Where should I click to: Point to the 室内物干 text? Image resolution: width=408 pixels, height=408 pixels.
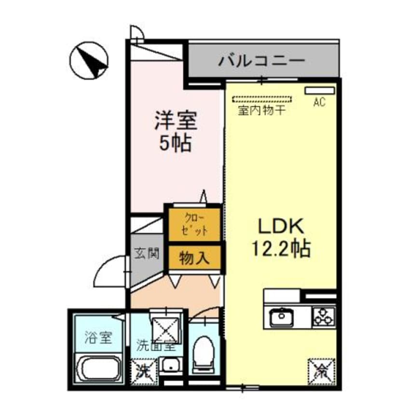point(261,110)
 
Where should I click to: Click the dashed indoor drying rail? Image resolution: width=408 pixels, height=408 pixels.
point(262,100)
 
